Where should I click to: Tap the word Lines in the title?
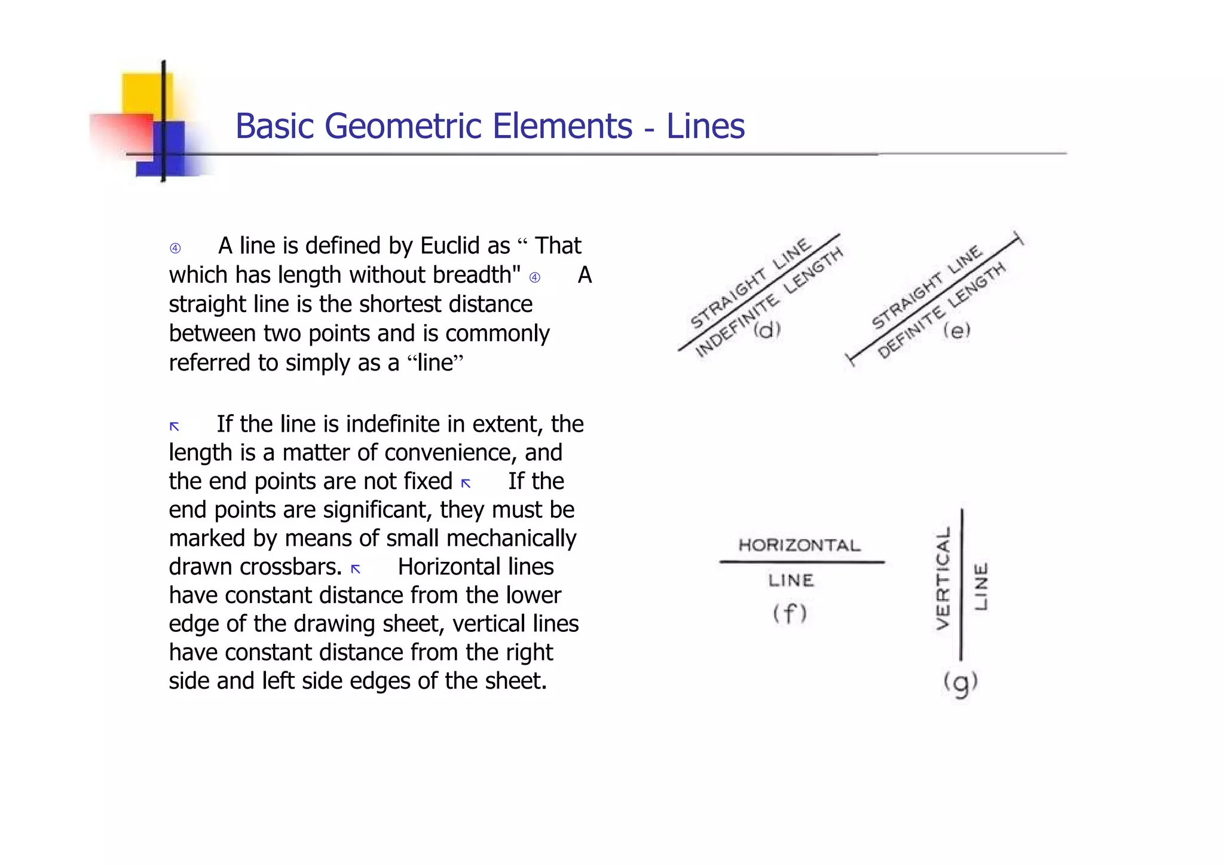tap(705, 126)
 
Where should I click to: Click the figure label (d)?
tap(767, 329)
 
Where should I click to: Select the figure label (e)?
tap(956, 330)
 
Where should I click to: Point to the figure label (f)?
tap(790, 613)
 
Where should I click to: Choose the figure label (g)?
tap(960, 683)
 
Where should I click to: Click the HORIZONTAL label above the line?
tap(800, 545)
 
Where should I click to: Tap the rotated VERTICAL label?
tap(943, 578)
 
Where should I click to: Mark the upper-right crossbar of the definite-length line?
tap(1018, 238)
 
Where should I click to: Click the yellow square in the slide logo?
tap(146, 94)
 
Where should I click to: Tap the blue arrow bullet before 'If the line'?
tap(175, 426)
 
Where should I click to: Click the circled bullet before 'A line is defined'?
tap(175, 248)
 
